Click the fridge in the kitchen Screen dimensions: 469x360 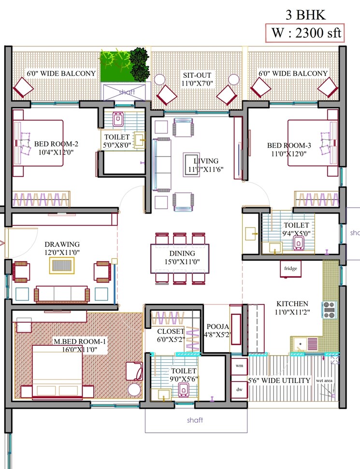coord(290,269)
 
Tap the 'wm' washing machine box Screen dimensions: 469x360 coord(239,366)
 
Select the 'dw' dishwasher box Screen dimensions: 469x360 coord(239,389)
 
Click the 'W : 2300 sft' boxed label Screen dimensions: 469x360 coord(304,33)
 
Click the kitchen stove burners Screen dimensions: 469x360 coord(329,310)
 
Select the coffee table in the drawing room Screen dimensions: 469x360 coord(61,265)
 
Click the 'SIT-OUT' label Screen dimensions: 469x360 coord(197,75)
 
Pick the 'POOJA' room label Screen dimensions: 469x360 coord(216,326)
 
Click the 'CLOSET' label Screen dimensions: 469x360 coord(171,331)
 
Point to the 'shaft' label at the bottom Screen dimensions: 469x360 coord(195,420)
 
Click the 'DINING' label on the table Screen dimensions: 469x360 coord(182,253)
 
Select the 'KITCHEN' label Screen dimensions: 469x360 coord(292,303)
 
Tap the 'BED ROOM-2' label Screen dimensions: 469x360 coord(56,144)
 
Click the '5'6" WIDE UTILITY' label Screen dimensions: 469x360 coord(279,381)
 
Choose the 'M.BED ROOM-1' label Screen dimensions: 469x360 coord(79,341)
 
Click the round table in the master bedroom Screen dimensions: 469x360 coord(134,390)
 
